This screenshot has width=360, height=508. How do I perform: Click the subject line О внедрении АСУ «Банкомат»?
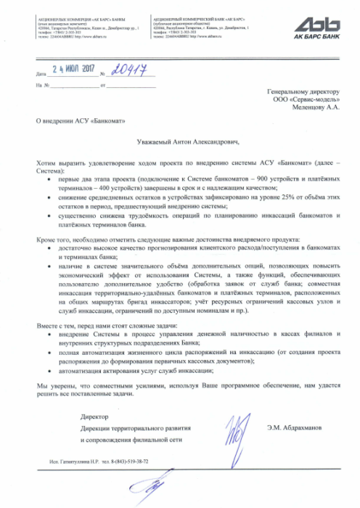tap(71, 120)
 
